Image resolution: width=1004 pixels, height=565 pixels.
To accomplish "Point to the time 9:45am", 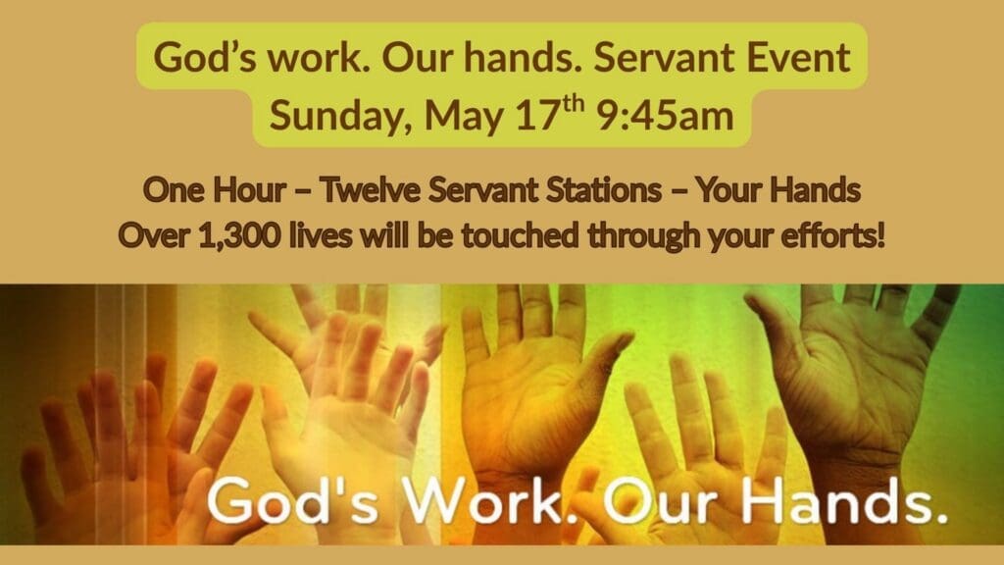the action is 665,116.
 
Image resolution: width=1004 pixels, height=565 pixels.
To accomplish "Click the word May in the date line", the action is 464,118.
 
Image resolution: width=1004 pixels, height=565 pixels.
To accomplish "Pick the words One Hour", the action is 215,189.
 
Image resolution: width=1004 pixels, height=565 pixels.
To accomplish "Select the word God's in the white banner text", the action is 294,501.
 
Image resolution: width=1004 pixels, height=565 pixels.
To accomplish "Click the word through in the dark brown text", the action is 644,237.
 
